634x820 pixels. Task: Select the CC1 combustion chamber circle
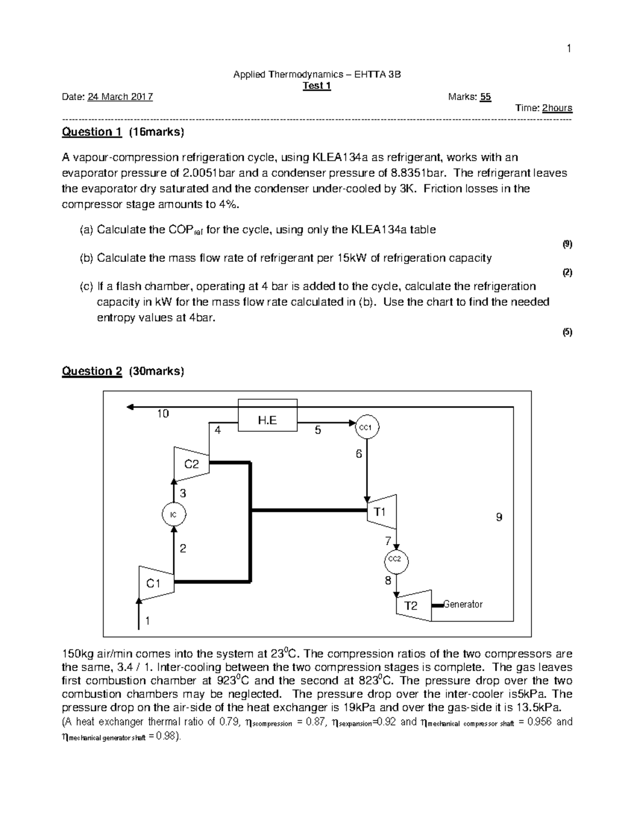(366, 427)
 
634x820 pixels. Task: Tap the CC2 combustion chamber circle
(395, 559)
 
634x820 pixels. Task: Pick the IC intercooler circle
(173, 514)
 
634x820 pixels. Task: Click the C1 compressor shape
(154, 583)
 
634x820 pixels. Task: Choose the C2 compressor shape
(191, 464)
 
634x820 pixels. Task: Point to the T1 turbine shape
(381, 512)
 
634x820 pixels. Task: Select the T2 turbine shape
(412, 605)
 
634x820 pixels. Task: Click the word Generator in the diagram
(463, 604)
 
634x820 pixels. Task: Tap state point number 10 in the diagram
(162, 414)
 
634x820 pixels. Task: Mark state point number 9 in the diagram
(499, 517)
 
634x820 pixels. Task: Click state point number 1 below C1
(147, 621)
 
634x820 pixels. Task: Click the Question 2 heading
(92, 371)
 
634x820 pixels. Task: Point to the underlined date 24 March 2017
(120, 97)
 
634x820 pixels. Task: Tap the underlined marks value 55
(486, 97)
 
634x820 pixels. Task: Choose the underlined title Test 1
(316, 86)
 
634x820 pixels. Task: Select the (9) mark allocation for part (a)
(567, 244)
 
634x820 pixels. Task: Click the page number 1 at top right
(569, 49)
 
